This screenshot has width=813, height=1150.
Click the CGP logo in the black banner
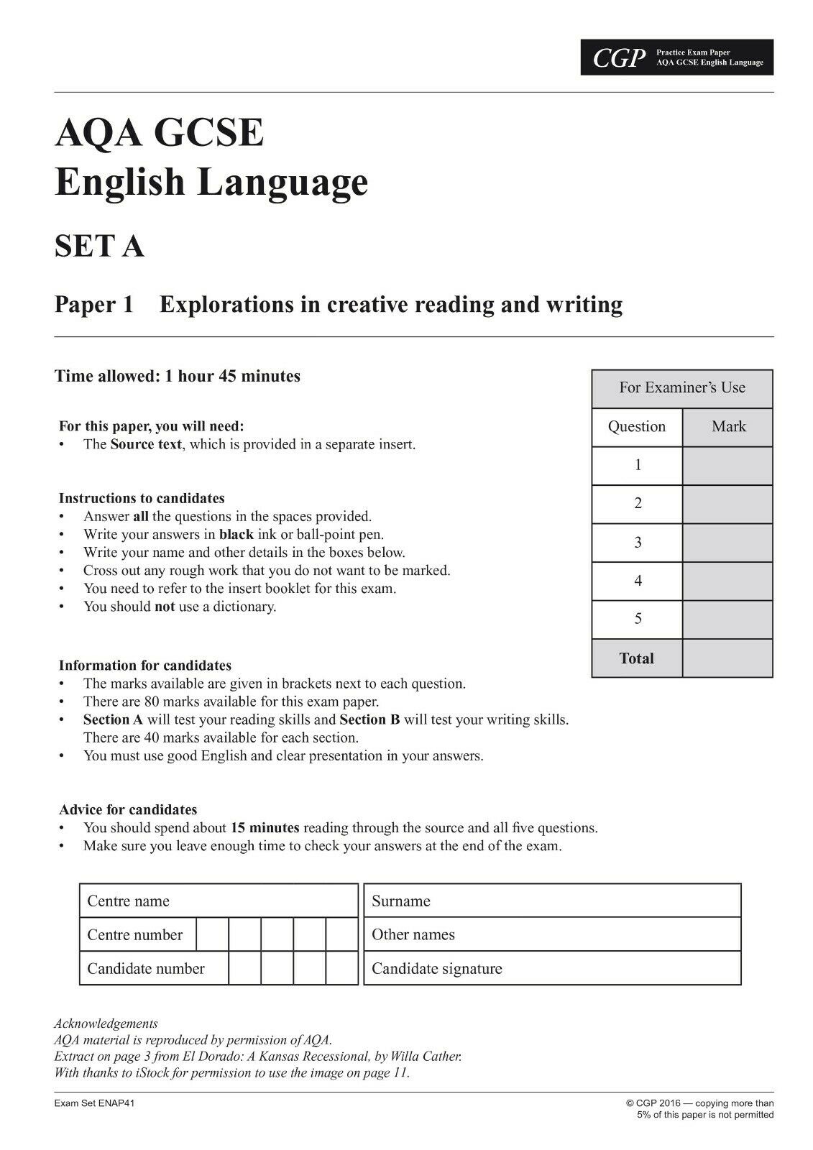pos(616,58)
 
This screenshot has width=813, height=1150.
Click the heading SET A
pos(99,247)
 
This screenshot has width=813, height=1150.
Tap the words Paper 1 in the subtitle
pos(94,305)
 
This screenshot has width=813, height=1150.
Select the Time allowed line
pos(178,376)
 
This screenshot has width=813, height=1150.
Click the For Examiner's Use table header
pos(681,388)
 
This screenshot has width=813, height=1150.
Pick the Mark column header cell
pos(727,427)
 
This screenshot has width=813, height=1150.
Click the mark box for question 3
pos(727,543)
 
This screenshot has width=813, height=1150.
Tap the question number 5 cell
pos(637,619)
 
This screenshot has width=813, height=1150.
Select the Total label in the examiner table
pos(636,658)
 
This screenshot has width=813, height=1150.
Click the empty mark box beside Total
pos(727,658)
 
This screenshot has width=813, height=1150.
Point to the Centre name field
pos(219,901)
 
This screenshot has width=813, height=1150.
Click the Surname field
pos(552,901)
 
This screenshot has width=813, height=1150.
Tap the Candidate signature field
pos(552,969)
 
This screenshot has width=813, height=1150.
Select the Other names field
pos(552,935)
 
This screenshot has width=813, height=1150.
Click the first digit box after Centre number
pos(212,935)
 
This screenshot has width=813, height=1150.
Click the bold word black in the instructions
pos(236,535)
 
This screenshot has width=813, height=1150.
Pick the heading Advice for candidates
pos(128,810)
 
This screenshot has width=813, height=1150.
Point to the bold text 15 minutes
pos(265,828)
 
